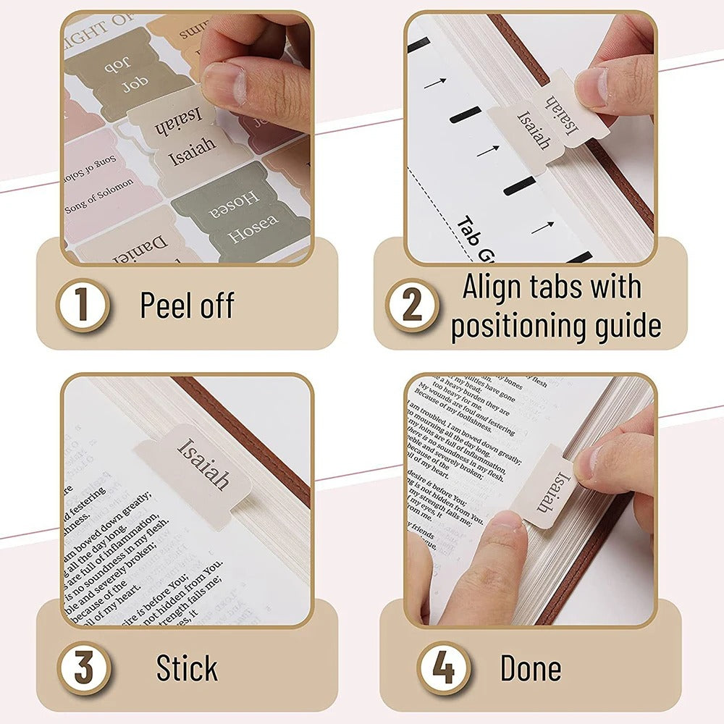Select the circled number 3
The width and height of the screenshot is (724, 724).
pyautogui.click(x=84, y=668)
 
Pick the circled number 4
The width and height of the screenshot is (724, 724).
pyautogui.click(x=442, y=668)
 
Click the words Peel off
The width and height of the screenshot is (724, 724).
pyautogui.click(x=187, y=306)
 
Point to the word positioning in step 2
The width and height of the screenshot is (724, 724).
pyautogui.click(x=527, y=326)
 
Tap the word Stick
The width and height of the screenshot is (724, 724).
pyautogui.click(x=187, y=668)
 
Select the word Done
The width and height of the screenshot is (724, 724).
pyautogui.click(x=530, y=668)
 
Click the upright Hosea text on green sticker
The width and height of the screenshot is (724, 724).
pyautogui.click(x=253, y=230)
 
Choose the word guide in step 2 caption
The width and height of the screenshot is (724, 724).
pyautogui.click(x=627, y=326)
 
